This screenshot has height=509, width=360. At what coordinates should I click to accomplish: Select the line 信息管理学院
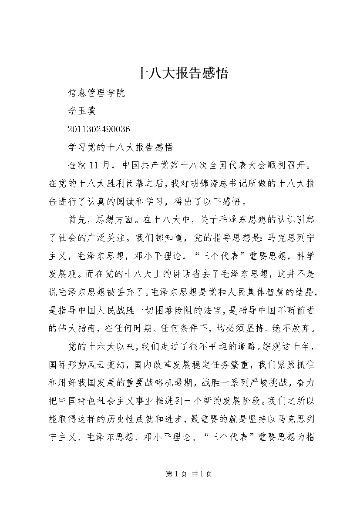click(x=97, y=93)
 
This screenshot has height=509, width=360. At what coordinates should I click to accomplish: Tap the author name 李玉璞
click(x=83, y=111)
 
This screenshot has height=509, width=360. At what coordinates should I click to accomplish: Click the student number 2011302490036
click(x=99, y=129)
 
